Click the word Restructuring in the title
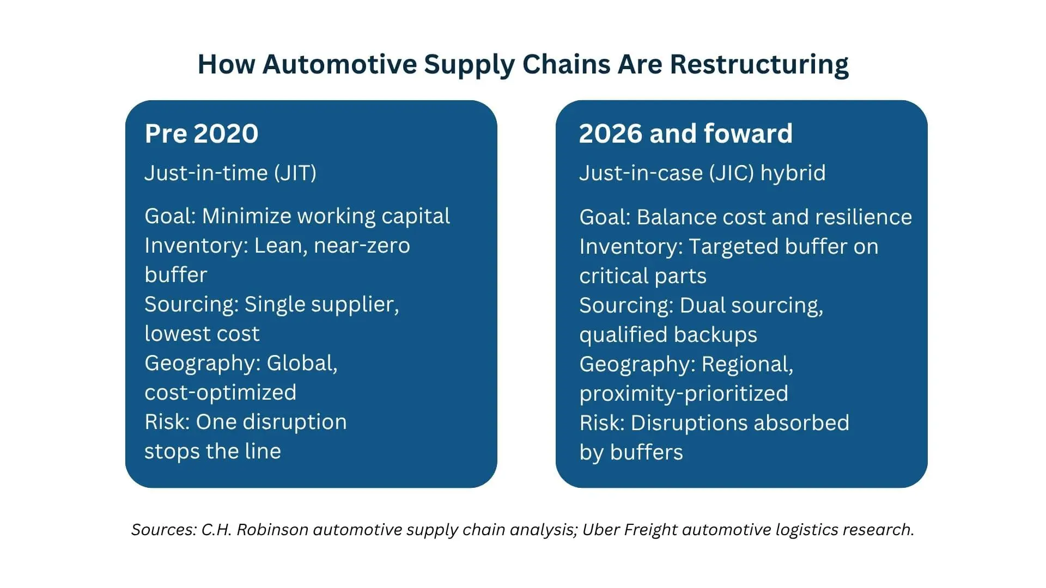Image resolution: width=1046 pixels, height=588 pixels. (759, 65)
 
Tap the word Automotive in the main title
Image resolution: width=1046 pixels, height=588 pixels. (340, 64)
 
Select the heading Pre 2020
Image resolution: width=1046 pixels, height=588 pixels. (202, 133)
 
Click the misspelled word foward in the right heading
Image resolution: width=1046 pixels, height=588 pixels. (748, 133)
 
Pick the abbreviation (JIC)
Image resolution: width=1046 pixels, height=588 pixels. (732, 173)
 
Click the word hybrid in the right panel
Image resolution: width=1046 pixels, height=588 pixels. (793, 173)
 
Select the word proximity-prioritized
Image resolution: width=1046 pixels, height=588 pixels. (684, 394)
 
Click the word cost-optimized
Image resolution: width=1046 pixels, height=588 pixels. (221, 393)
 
